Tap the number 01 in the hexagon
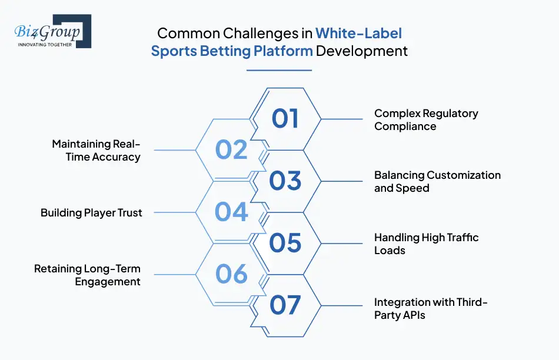285,119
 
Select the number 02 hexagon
231,150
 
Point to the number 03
285,181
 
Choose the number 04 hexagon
231,212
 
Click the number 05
285,243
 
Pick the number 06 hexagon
231,274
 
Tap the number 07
285,305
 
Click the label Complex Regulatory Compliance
426,119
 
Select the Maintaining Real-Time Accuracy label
96,151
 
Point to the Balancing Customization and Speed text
437,182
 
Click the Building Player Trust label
91,213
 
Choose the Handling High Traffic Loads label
426,244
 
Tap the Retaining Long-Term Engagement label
87,275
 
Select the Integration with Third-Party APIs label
431,308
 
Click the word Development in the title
362,51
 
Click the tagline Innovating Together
45,44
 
